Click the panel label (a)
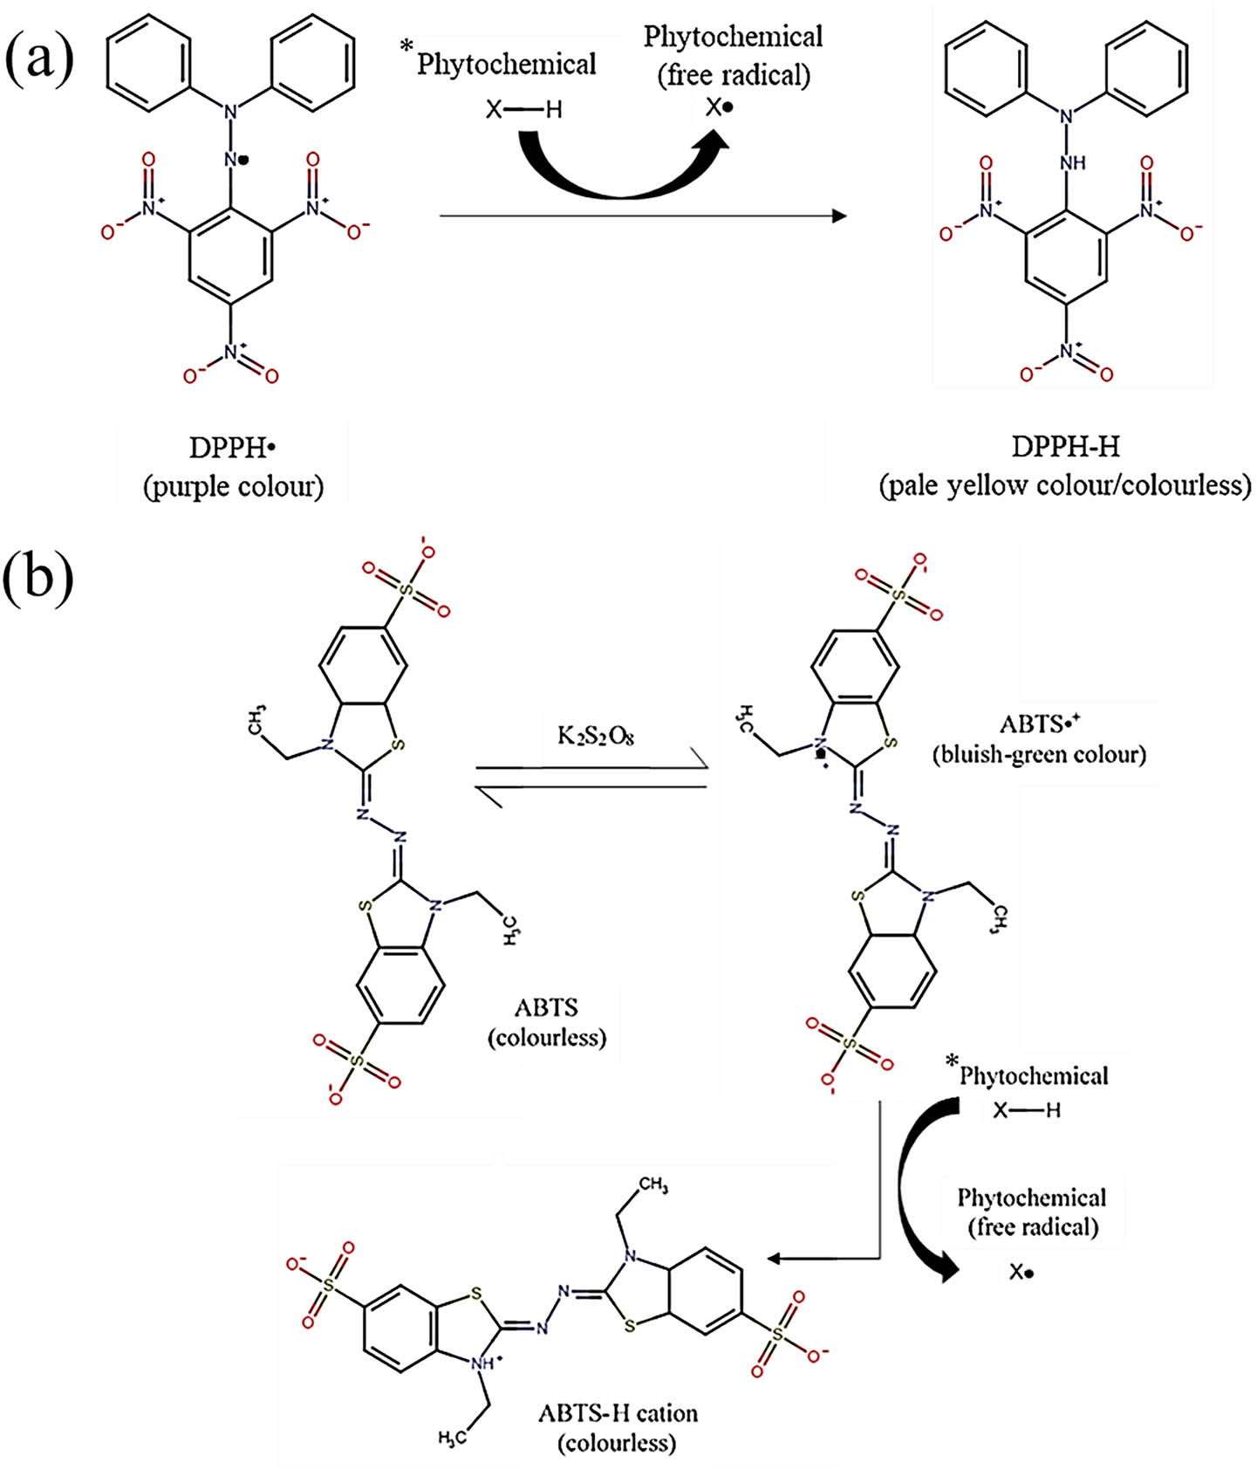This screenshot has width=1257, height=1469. [39, 59]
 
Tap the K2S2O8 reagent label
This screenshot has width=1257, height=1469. [595, 735]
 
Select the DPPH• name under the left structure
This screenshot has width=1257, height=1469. [232, 448]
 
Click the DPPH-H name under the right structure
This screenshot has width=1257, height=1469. [1065, 447]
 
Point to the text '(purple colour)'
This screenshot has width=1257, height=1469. [233, 486]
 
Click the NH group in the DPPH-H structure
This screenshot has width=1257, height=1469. [1072, 163]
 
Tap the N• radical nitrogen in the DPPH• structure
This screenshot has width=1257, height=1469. [235, 160]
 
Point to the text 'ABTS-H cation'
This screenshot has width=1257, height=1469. [618, 1412]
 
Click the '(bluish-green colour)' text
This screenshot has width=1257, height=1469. [1038, 754]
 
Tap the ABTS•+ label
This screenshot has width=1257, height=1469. [1039, 724]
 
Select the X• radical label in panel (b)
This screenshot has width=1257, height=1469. [1021, 1273]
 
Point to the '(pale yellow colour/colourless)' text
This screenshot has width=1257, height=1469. [1064, 485]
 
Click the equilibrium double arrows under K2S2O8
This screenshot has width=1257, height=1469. [591, 777]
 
